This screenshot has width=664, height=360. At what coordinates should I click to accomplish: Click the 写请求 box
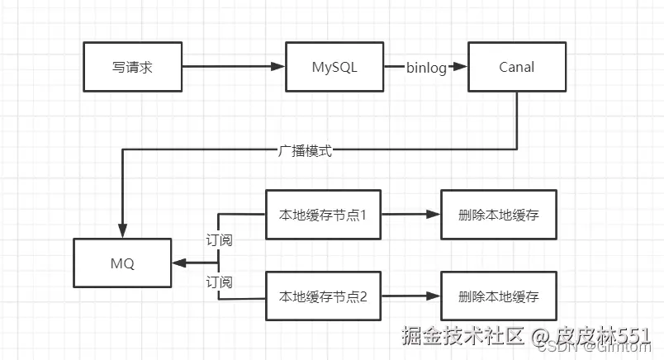pos(133,66)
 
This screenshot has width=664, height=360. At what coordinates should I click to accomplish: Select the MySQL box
pos(334,66)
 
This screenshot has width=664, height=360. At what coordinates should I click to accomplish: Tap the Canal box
pos(517,66)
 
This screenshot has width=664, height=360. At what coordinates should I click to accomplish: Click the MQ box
pos(122,264)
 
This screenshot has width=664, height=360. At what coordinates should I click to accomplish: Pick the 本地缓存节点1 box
pos(323,215)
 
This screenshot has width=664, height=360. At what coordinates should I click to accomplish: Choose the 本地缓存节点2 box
pos(323,296)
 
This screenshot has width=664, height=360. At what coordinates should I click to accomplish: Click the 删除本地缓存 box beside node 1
pos(499,215)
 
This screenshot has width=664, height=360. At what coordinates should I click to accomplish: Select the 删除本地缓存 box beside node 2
pos(499,296)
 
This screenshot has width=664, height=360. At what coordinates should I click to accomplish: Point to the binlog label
pos(426,67)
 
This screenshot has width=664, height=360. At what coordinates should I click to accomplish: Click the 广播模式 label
pos(305,151)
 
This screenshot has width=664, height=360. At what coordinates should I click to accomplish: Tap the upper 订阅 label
pos(218,240)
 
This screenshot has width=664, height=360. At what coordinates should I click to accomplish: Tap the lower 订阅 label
pos(218,282)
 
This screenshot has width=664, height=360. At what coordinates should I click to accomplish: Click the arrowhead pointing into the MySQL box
pos(278,66)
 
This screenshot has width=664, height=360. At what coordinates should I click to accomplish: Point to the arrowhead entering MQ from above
pos(122,231)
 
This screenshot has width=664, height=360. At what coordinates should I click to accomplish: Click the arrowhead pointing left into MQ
pos(179,263)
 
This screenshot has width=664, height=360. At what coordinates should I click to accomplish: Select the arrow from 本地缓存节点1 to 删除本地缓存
pos(410,215)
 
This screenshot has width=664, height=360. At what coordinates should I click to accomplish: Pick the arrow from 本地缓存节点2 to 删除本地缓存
pos(410,296)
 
